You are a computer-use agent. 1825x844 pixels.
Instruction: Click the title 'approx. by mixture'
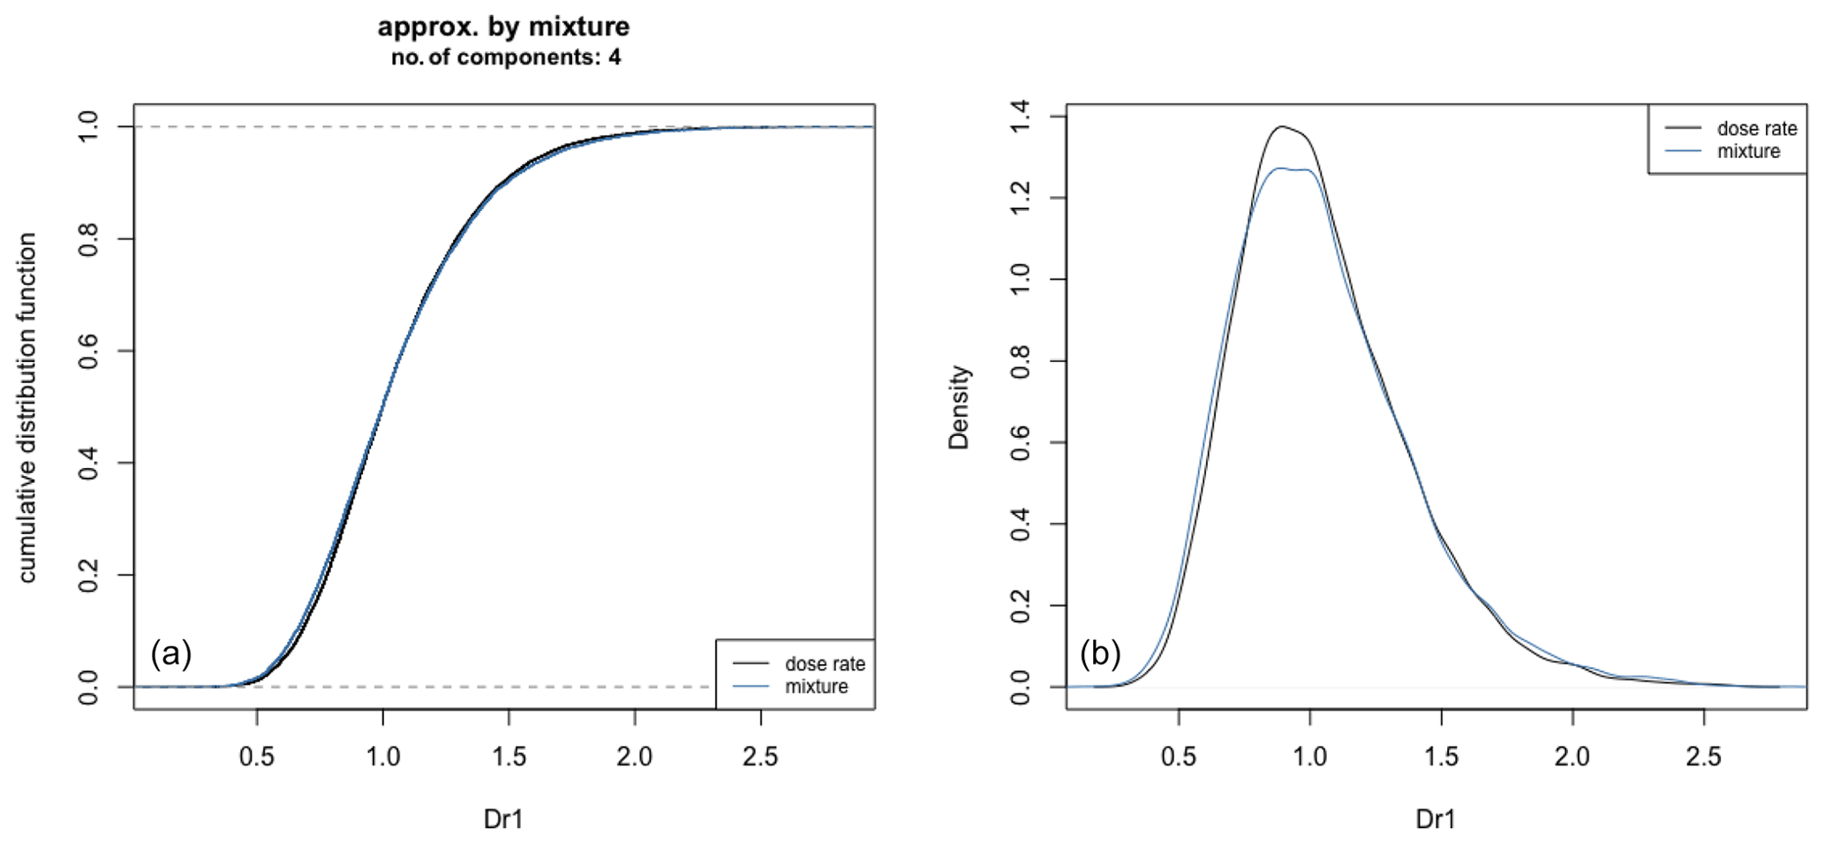tap(503, 26)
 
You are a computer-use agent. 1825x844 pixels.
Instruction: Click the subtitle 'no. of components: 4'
tap(505, 58)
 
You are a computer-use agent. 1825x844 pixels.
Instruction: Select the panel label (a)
tap(171, 654)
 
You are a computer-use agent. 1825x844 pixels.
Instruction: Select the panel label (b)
tap(1100, 654)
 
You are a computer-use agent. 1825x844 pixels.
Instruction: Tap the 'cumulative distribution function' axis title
tap(27, 407)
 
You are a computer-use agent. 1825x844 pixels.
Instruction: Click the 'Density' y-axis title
tap(959, 407)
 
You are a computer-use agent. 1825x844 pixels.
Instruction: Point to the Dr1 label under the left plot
tap(503, 819)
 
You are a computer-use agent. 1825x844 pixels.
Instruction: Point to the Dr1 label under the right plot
tap(1436, 819)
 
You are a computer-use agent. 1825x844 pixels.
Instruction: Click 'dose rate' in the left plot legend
tap(825, 664)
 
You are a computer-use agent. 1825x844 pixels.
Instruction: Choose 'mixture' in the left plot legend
tap(816, 687)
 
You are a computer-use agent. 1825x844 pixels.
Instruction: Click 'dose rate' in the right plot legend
tap(1756, 129)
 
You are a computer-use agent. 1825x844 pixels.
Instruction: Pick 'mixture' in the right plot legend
tap(1748, 152)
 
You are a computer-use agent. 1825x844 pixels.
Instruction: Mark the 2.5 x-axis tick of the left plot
tap(760, 757)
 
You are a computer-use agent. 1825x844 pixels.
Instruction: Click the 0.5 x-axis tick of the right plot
tap(1179, 757)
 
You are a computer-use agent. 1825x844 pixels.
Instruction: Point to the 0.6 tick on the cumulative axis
tap(88, 351)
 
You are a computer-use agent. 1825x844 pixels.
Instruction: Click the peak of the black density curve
tap(1281, 127)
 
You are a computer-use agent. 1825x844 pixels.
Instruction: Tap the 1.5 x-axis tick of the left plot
tap(509, 757)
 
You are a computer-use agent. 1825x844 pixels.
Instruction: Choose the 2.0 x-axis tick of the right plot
tap(1572, 757)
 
